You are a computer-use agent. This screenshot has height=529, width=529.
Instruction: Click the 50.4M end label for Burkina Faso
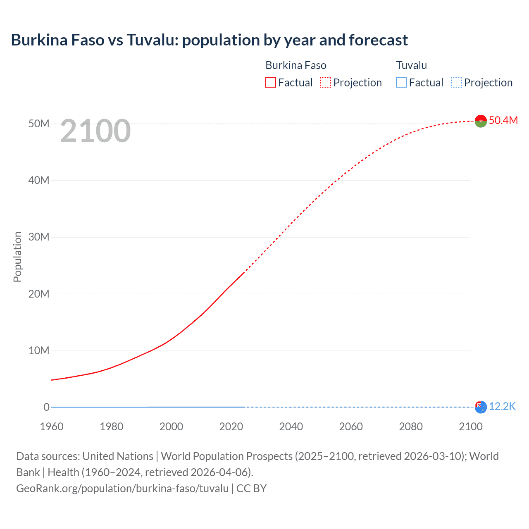(x=503, y=120)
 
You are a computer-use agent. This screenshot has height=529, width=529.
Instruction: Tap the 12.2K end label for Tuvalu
(x=502, y=407)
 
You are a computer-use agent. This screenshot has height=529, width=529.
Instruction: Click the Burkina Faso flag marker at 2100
(x=481, y=121)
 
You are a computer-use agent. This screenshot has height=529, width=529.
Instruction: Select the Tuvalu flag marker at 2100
(x=481, y=407)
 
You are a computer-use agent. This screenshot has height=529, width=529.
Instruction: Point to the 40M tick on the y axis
(x=39, y=180)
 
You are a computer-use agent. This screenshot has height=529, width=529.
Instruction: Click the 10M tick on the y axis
(x=39, y=350)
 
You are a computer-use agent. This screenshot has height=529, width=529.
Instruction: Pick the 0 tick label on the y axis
(x=46, y=407)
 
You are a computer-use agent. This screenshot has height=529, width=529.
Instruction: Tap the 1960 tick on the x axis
(x=52, y=427)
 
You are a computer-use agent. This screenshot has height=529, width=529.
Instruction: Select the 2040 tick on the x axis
(x=291, y=427)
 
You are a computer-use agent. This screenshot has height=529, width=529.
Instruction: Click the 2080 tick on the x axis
(x=411, y=427)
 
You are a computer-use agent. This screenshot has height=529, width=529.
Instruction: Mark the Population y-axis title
(x=17, y=257)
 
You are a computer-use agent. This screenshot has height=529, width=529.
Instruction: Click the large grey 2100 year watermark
(x=95, y=131)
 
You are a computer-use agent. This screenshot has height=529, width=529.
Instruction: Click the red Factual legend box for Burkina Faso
(x=270, y=83)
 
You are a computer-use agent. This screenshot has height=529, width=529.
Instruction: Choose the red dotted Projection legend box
(x=326, y=83)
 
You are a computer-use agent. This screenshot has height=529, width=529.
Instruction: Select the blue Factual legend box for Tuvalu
(x=401, y=83)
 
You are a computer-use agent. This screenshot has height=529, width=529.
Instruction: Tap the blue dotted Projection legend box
(x=457, y=83)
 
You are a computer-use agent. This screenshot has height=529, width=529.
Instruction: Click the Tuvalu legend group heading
(x=411, y=65)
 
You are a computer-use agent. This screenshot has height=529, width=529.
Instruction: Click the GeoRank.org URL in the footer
(x=122, y=488)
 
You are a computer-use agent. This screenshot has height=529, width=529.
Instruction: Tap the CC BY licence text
(x=251, y=488)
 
